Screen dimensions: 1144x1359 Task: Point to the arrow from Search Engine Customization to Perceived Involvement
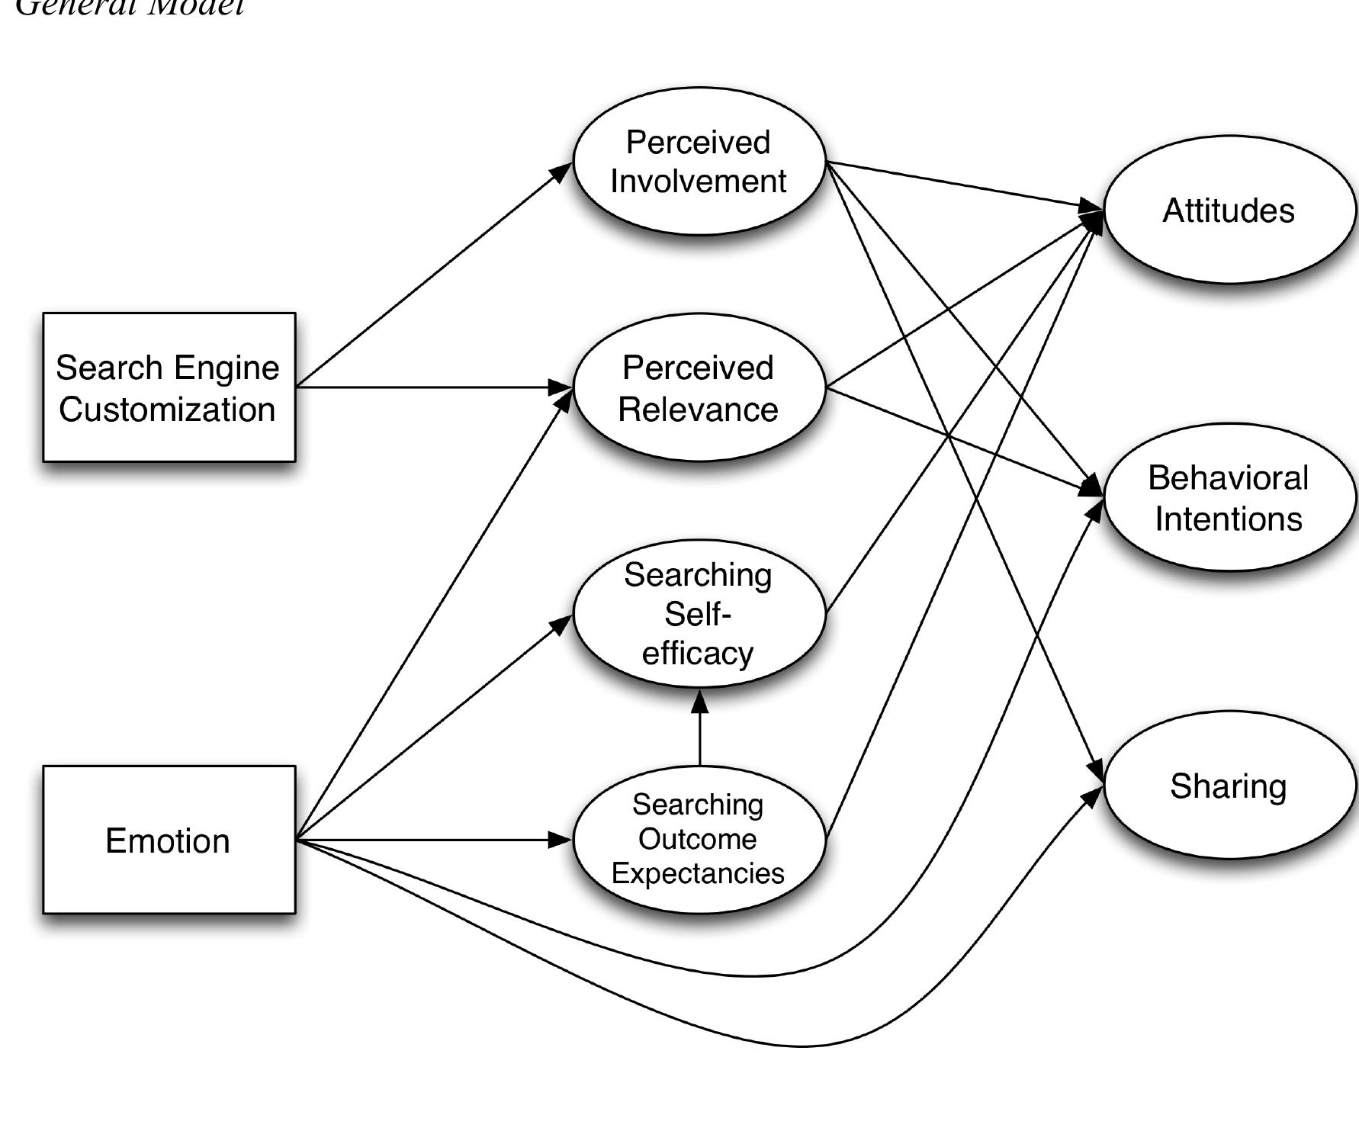435,275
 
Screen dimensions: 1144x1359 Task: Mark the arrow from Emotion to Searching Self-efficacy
435,728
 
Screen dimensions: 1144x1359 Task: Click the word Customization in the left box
167,410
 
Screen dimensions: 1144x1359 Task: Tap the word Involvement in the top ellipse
699,182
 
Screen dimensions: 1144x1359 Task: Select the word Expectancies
698,873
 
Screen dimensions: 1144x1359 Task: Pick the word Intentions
1229,519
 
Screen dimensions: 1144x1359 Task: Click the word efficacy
698,654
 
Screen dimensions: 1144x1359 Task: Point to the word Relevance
698,410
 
